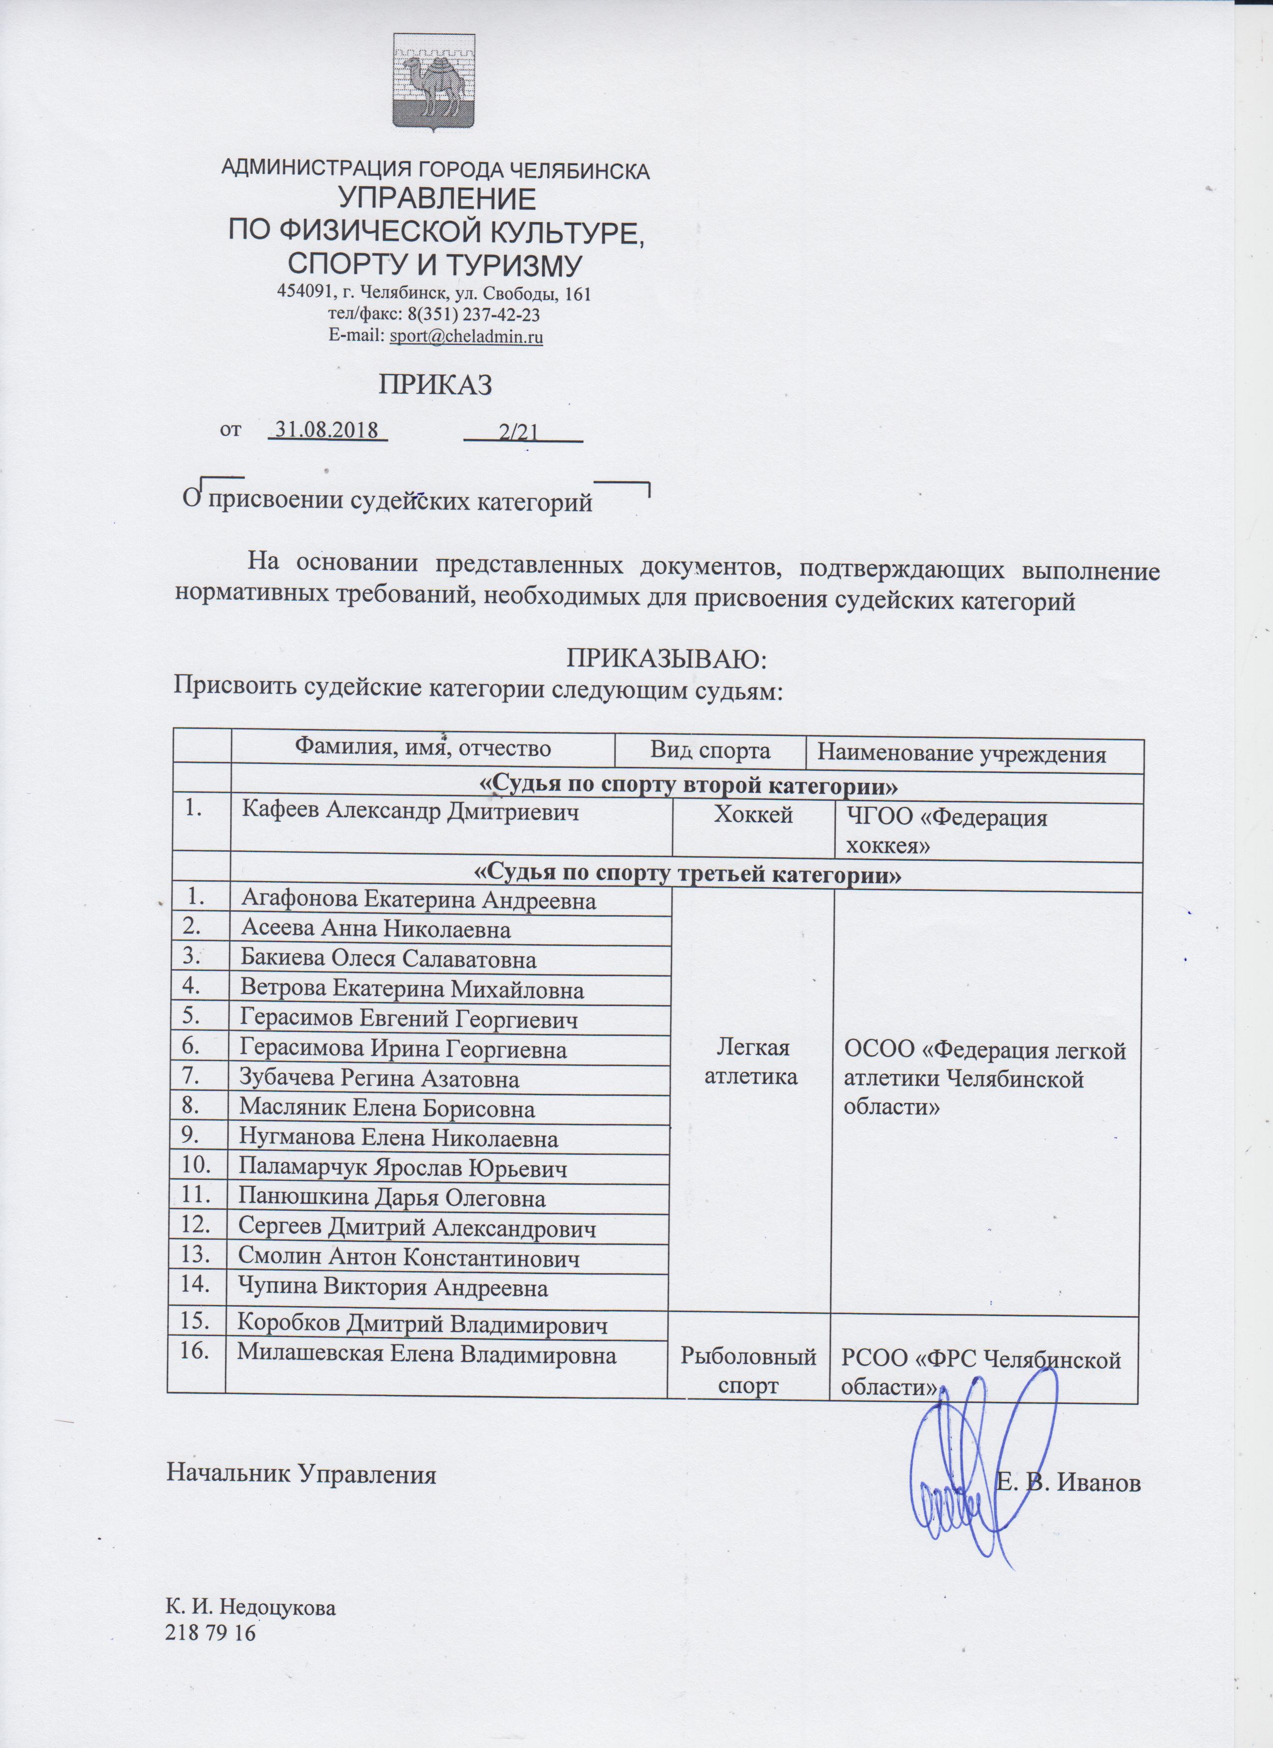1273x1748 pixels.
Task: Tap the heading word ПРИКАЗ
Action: [x=435, y=384]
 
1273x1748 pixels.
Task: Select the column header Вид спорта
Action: [x=710, y=749]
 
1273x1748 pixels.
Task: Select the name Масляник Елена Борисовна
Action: [x=387, y=1109]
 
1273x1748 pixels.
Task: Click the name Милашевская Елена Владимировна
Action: [x=426, y=1354]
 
